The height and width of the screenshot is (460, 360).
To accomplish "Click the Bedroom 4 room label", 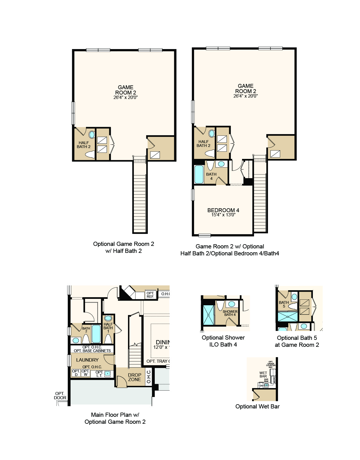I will (x=223, y=210).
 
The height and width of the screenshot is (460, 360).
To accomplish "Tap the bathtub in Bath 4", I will (x=199, y=175).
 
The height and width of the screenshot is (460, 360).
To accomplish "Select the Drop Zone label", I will (x=134, y=377).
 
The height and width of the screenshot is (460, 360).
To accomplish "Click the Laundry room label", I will (x=87, y=360).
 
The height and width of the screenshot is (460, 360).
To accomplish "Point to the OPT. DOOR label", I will (x=60, y=396).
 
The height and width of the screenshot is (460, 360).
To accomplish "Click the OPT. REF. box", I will (x=150, y=295).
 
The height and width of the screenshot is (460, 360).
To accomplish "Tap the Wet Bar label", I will (x=263, y=374).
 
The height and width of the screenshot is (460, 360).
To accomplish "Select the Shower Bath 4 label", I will (x=230, y=313).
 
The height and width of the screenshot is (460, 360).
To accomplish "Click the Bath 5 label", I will (x=284, y=304).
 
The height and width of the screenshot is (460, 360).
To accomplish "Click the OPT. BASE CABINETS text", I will (x=92, y=351).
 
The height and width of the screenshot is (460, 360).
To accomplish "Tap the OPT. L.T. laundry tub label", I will (x=99, y=374).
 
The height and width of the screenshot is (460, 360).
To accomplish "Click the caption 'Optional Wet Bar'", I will (x=257, y=406).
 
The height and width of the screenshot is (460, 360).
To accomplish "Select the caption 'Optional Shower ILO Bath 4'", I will (x=223, y=341).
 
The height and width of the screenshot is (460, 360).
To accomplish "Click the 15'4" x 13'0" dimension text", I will (x=223, y=215).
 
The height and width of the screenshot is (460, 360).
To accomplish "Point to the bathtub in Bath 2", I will (x=96, y=334).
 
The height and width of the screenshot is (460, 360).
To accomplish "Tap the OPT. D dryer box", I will (x=76, y=373).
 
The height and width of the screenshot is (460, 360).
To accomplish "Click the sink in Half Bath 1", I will (x=108, y=318).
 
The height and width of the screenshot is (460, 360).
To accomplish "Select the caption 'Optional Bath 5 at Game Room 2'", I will (x=297, y=341).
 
